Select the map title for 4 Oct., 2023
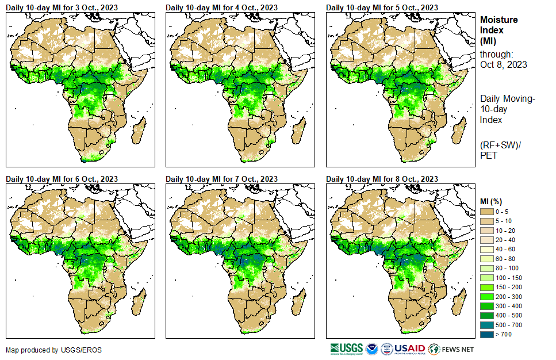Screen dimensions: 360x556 (x=221, y=7)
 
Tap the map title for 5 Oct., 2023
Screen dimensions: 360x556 (x=382, y=7)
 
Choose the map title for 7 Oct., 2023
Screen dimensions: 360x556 (x=221, y=179)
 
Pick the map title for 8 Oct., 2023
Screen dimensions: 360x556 (x=382, y=179)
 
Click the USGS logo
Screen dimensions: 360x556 (x=347, y=348)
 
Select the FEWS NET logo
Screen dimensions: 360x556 (x=451, y=348)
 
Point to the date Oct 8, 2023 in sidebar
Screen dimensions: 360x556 (x=504, y=64)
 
